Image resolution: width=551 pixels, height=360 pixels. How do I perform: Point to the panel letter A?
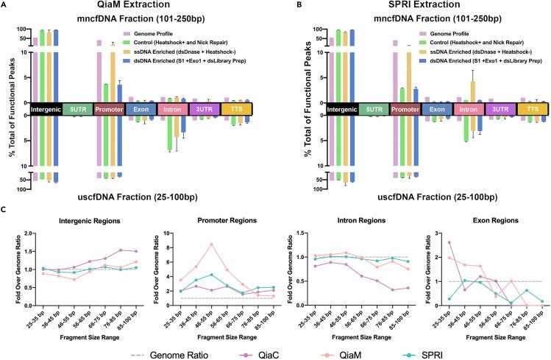[4, 5]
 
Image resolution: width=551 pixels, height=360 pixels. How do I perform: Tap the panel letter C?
[4, 210]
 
